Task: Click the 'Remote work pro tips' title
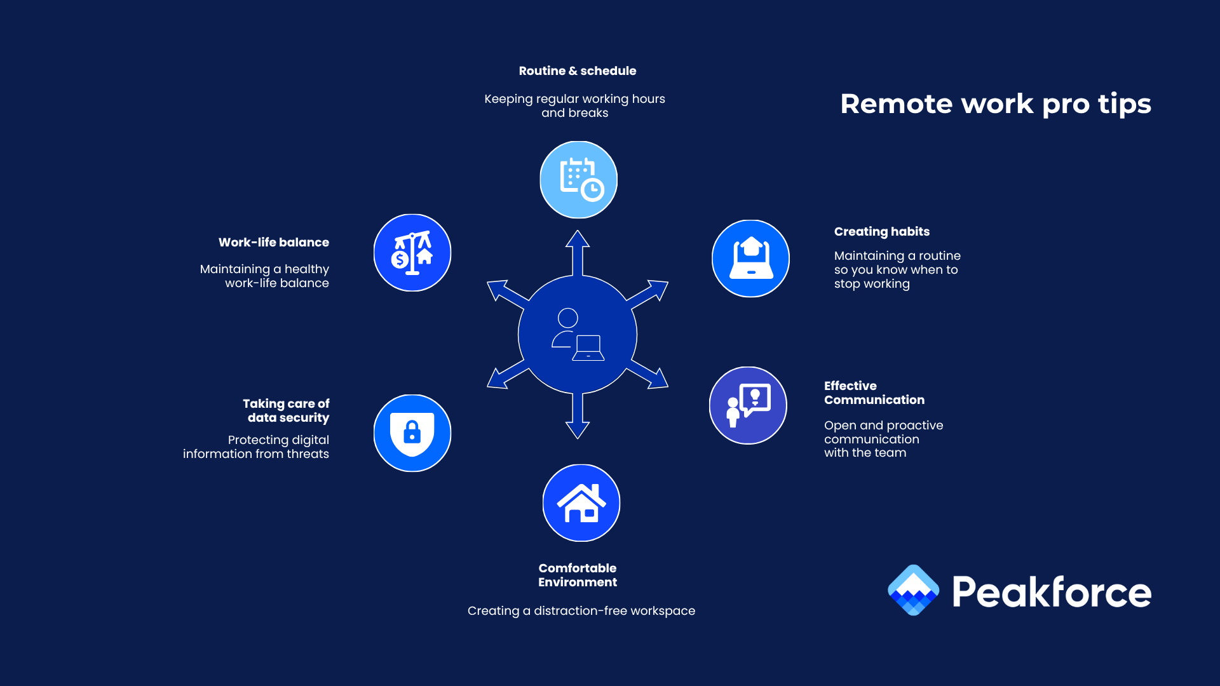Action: pos(995,104)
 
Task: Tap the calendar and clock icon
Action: pos(578,180)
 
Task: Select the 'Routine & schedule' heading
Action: pos(577,71)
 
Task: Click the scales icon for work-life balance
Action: pos(412,253)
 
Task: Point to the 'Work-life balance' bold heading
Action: pos(273,243)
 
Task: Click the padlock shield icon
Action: pos(412,433)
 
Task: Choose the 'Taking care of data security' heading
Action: pos(286,410)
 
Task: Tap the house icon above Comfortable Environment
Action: pos(581,503)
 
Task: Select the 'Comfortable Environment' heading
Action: pos(577,575)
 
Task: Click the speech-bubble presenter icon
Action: pos(748,405)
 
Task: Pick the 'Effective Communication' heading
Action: pos(874,393)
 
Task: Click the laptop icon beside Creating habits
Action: pos(750,259)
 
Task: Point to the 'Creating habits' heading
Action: pos(881,232)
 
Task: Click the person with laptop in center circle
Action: pos(577,335)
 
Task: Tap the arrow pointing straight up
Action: pos(578,251)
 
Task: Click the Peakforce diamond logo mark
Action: pos(913,590)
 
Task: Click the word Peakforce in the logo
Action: pos(1051,592)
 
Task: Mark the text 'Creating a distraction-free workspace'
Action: pos(581,611)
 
